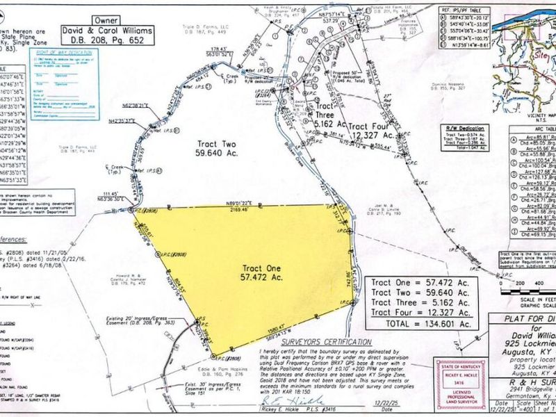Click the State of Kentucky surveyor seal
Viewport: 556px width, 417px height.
pyautogui.click(x=455, y=384)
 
